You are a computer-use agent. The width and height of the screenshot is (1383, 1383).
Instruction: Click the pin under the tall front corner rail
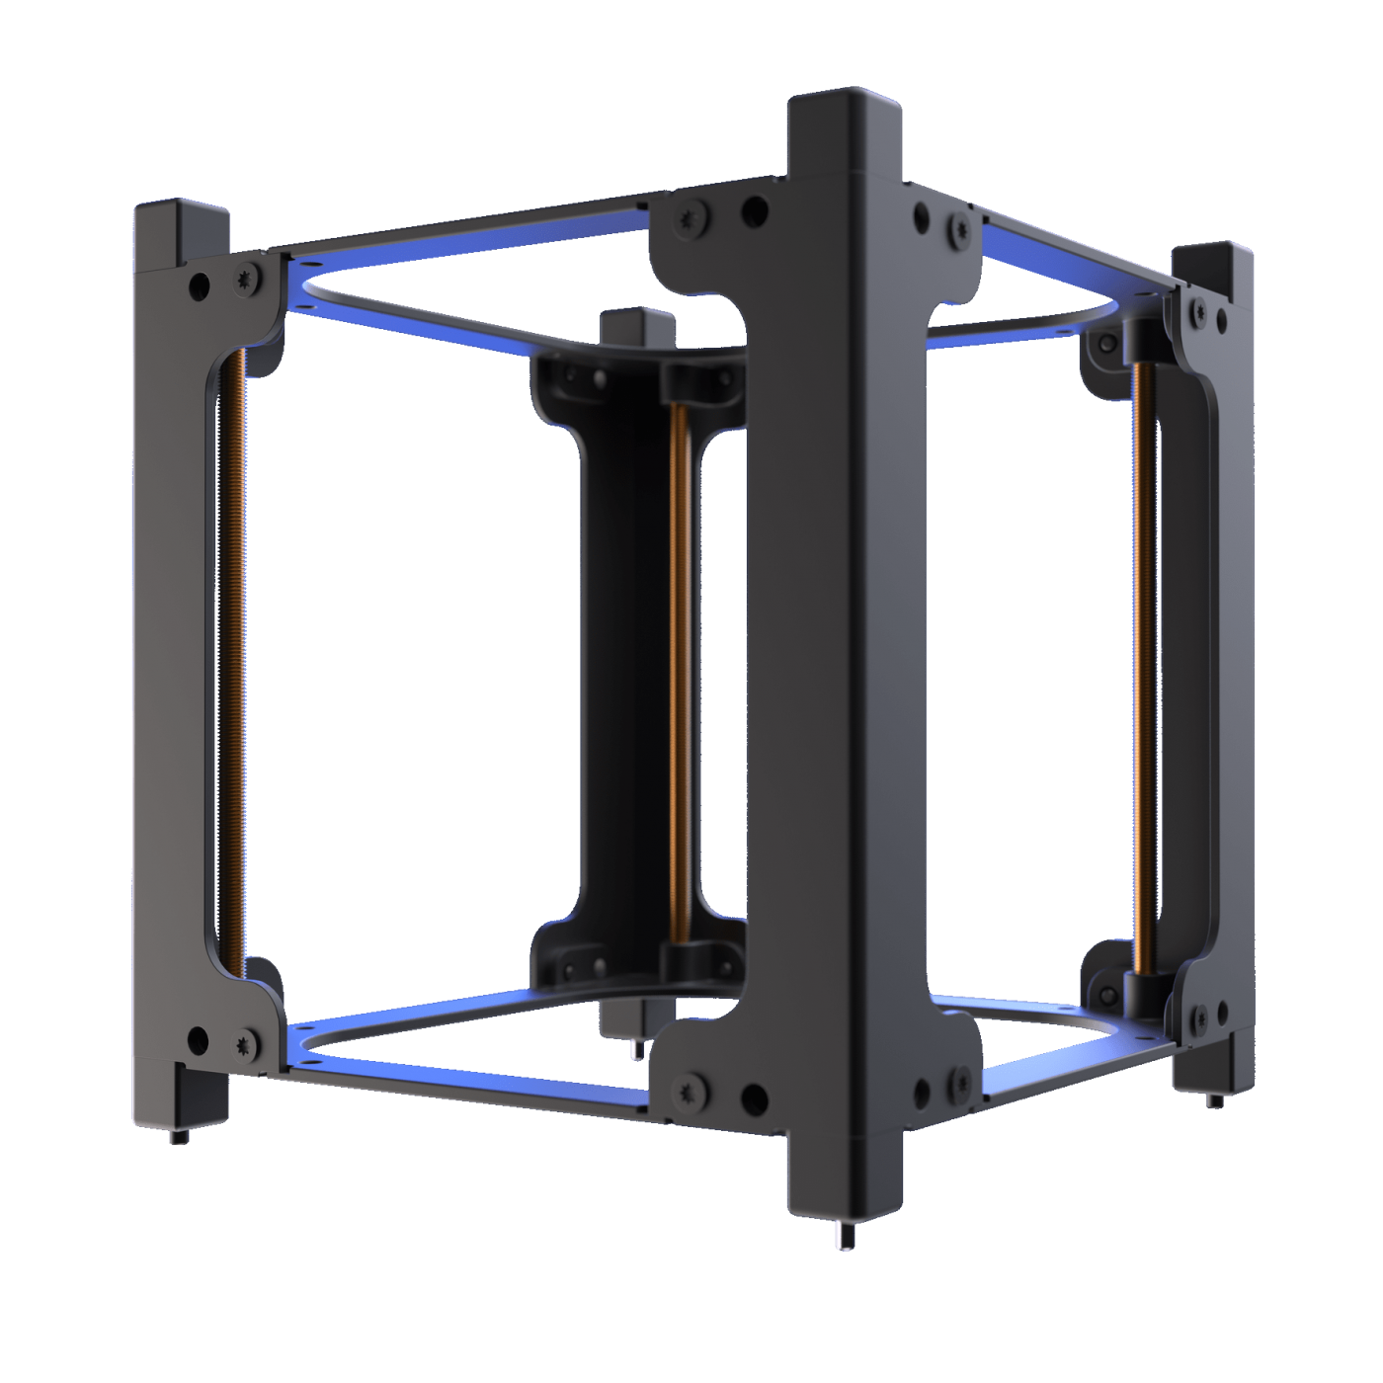point(843,1235)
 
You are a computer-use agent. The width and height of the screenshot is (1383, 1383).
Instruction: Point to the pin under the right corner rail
point(1211,1099)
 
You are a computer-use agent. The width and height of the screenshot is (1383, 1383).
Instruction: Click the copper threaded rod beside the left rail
point(234,662)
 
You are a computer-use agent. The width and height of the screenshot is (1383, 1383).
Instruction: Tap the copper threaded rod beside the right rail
point(1142,662)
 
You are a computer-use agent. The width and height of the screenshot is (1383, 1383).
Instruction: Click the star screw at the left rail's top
point(246,282)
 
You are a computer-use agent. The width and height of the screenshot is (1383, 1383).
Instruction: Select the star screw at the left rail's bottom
point(244,1044)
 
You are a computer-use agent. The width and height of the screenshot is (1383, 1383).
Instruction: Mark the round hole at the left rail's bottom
point(199,1038)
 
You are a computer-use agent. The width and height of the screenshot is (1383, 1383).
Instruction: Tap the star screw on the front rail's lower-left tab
point(690,1092)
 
